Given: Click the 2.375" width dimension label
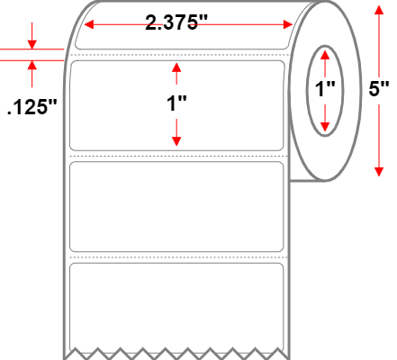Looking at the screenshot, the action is coord(176,22).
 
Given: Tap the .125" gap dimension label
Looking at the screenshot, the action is coord(32,107).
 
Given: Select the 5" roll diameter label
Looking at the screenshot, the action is coord(379,89).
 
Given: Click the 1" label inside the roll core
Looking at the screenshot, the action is coord(325,89).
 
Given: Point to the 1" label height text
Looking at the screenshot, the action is coord(176,103).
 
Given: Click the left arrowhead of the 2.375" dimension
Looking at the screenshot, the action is coord(89,24).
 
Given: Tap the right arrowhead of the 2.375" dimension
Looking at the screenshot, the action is coord(288,24).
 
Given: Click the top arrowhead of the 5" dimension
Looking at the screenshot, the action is coord(379,10).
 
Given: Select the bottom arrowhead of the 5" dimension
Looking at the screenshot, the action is coord(379,172).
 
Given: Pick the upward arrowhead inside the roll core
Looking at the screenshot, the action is coord(325,55).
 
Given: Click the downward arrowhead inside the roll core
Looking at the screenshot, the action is coord(325,127).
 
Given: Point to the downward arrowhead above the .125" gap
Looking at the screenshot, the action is coord(32,44).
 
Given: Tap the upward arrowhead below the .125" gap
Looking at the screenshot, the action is coord(32,65).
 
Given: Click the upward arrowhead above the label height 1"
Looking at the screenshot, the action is coord(176,67).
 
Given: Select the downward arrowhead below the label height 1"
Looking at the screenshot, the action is coord(176,141).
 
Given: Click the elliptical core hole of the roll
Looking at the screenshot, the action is coord(325,46).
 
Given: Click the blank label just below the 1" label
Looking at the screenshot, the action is coord(176,207).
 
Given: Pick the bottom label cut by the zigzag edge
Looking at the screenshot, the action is coord(176,309).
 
